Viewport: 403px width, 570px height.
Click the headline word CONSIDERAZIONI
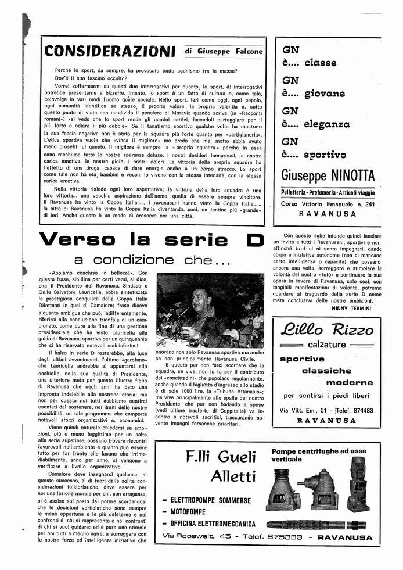[x=110, y=52]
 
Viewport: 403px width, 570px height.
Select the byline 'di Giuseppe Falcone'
[x=224, y=51]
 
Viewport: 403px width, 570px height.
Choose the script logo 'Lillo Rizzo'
[x=326, y=330]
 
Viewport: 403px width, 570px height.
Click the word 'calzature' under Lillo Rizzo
[x=326, y=345]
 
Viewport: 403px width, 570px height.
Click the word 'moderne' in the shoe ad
[x=350, y=382]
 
